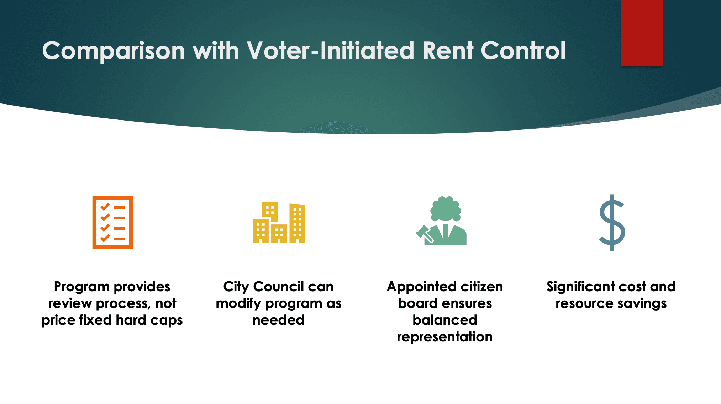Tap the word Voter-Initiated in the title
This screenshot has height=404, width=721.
331,51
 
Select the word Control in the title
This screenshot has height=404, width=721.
523,51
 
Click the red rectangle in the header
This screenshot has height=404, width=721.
642,33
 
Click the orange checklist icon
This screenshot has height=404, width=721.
112,222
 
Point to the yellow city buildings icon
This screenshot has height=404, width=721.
279,223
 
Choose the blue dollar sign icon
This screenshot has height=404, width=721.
612,222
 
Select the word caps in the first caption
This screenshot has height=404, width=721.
166,320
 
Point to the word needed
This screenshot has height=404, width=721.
278,320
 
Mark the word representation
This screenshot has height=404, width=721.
444,337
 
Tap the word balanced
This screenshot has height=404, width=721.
444,320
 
